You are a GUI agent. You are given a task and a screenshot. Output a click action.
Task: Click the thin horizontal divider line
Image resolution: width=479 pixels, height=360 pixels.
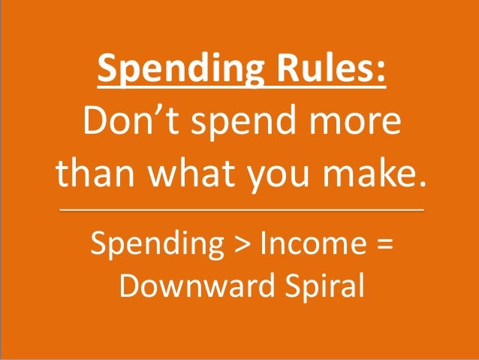[x=240, y=210]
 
